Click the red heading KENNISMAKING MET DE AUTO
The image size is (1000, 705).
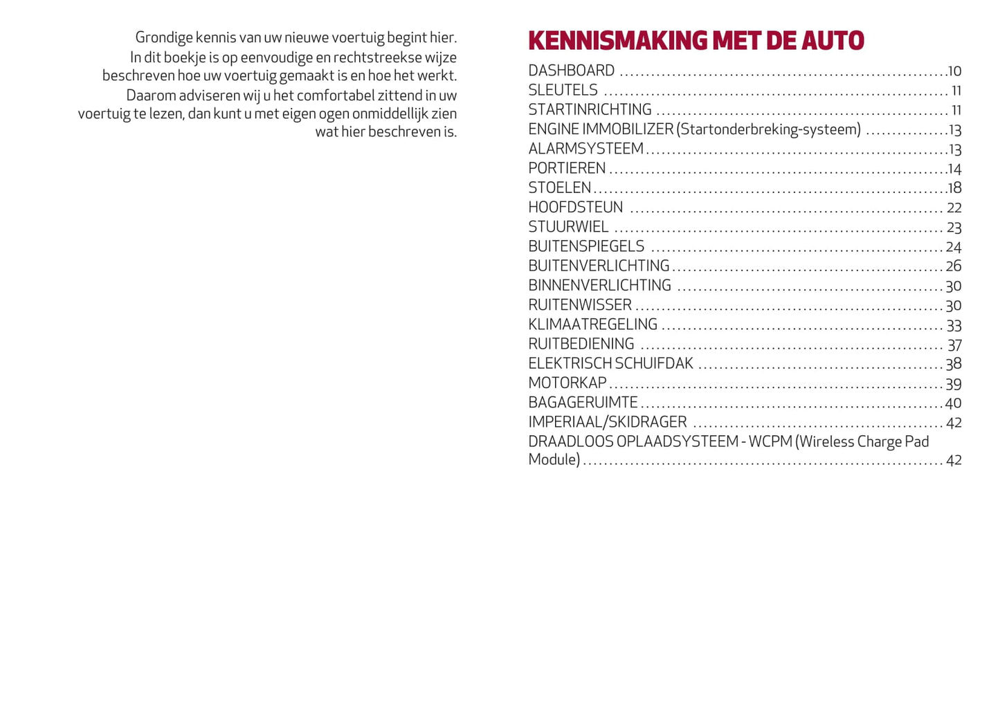pos(696,41)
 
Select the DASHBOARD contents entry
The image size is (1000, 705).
pos(571,71)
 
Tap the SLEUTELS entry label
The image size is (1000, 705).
pos(563,90)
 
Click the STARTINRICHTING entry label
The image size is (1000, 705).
pos(590,109)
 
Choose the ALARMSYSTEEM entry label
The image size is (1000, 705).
pos(585,149)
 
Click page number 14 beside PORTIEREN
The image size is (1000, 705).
pos(954,170)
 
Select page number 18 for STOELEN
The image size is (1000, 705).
pos(954,188)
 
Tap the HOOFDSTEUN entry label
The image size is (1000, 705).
pos(575,208)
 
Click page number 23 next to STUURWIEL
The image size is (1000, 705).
pos(954,228)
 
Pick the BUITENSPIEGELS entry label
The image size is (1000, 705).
pos(586,246)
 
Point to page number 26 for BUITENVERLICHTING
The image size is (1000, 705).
pos(954,266)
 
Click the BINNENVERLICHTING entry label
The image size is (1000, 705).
pos(599,286)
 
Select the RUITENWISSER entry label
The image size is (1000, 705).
pos(580,305)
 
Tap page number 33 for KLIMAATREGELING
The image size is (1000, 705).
pos(954,326)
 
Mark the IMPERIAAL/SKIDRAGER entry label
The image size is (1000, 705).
pos(607,422)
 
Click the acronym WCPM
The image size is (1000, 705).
pos(770,441)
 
